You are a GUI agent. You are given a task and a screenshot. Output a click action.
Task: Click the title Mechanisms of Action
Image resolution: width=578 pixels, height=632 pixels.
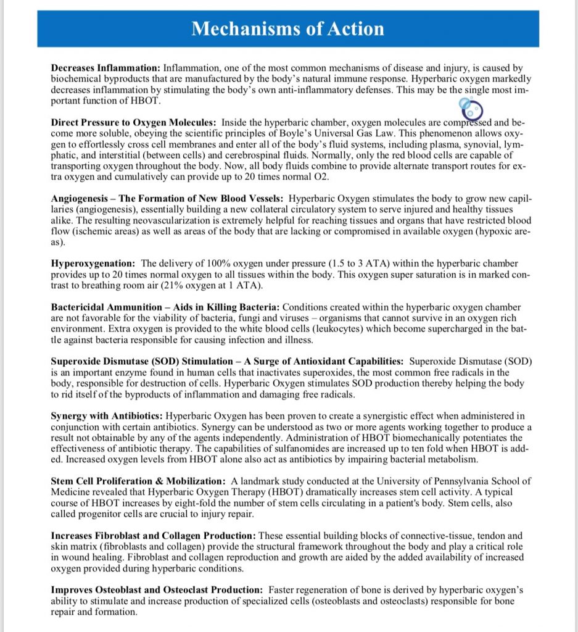click(x=287, y=28)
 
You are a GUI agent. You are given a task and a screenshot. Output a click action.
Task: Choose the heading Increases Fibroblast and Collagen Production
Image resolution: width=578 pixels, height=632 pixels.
click(x=154, y=536)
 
